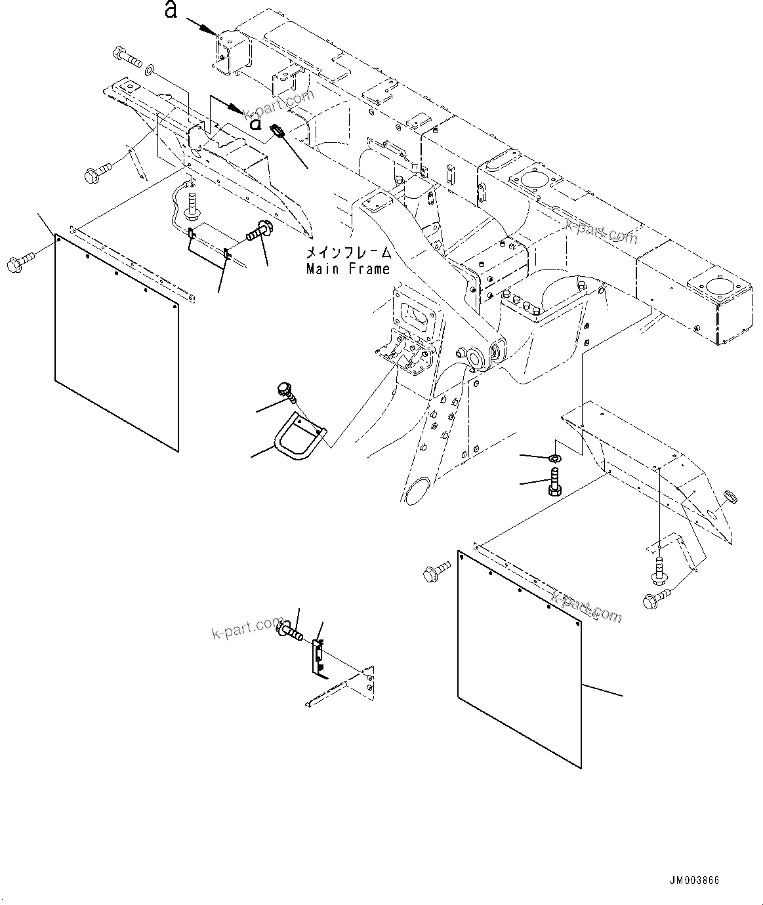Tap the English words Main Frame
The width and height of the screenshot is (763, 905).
coord(348,269)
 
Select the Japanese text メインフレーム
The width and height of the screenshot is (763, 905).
coord(348,253)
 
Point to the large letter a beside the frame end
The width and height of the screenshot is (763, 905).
coord(171,10)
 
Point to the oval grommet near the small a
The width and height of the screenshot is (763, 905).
coord(277,132)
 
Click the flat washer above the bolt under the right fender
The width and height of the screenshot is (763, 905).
coord(555,456)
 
